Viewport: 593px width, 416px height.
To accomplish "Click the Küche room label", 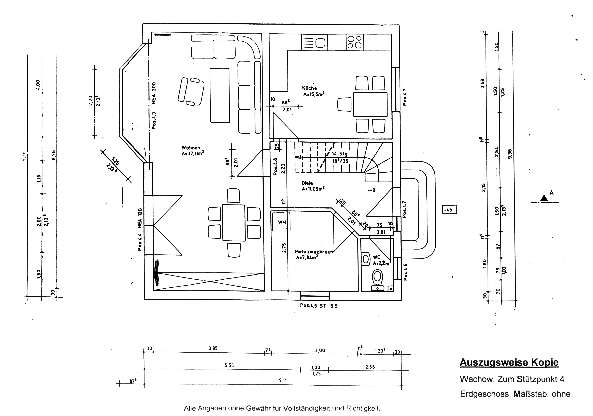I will pos(309,88).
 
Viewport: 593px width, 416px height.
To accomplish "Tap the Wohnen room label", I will pos(191,148).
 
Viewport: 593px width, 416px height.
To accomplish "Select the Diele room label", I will pos(307,183).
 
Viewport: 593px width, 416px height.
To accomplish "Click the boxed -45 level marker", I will pos(449,210).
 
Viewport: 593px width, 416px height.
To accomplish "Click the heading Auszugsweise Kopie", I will pos(509,363).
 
